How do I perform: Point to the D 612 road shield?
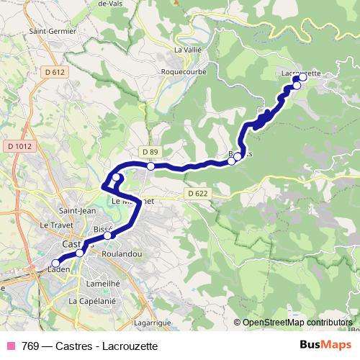[x=54, y=72]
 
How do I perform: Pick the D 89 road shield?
[x=150, y=152]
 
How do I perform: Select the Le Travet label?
[x=53, y=225]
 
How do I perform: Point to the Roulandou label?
[x=121, y=254]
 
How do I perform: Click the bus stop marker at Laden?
[x=55, y=263]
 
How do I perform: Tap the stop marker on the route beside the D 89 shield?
[x=150, y=166]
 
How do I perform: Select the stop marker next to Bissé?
[x=108, y=235]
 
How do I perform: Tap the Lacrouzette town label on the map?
[x=301, y=73]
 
